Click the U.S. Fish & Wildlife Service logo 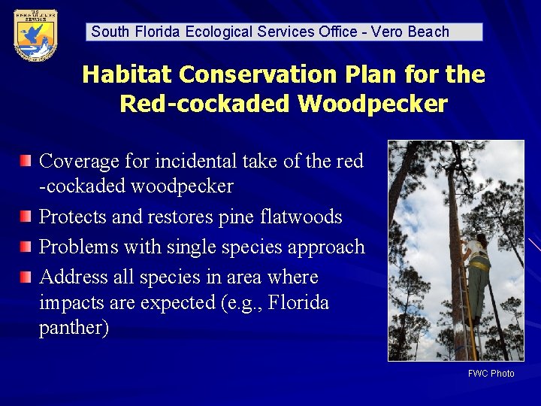point(35,35)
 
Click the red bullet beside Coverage point(26,160)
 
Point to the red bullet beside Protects point(26,217)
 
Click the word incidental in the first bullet point(199,161)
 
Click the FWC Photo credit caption point(491,374)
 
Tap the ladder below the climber point(470,331)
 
